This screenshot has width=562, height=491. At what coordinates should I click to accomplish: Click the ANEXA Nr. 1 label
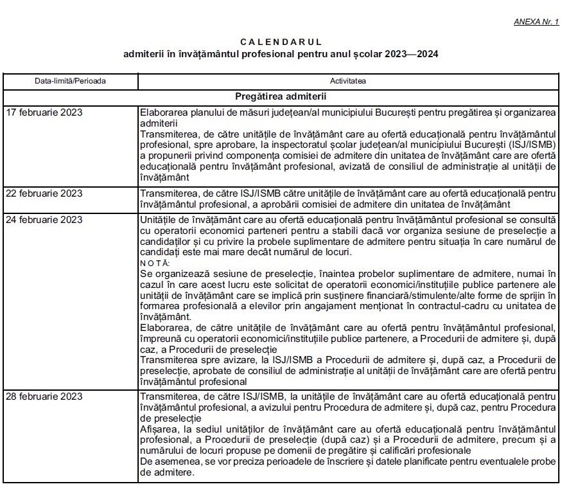[536, 21]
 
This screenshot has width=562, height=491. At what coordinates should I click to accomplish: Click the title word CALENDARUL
[281, 42]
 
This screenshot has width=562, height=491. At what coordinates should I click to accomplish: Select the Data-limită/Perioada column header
[71, 82]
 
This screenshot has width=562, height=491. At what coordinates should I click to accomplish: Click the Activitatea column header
[349, 82]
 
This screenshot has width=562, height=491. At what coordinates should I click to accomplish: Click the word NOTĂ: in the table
[155, 263]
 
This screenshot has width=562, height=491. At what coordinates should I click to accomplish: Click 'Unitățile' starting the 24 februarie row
[158, 220]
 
